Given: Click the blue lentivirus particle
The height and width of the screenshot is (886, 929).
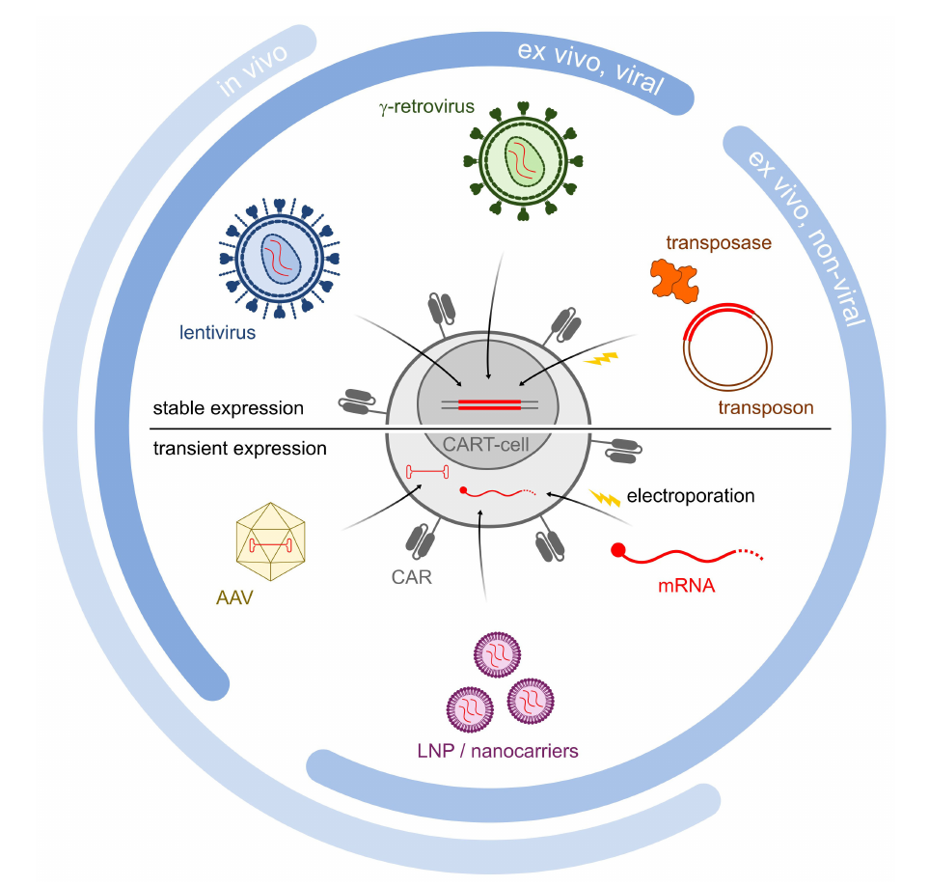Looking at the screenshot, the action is (x=279, y=259).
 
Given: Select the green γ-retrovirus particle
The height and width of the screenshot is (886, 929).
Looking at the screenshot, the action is (x=523, y=160).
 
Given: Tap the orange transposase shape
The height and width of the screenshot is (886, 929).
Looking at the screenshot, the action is (x=674, y=281).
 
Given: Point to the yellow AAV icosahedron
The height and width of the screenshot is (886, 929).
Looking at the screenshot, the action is (x=271, y=541).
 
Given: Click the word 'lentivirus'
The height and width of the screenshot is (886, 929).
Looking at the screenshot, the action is (x=217, y=332).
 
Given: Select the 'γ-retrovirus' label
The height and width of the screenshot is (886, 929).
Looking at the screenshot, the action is (x=426, y=107).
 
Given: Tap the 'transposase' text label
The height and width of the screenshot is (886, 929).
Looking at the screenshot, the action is (x=719, y=242).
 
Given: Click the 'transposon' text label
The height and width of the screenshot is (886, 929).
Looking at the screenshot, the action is (x=765, y=407).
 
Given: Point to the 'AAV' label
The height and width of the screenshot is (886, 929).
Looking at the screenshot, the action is (x=234, y=597).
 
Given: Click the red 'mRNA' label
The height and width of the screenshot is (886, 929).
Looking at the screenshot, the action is (x=686, y=586).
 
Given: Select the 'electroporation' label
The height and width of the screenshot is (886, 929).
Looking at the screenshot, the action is (x=691, y=495).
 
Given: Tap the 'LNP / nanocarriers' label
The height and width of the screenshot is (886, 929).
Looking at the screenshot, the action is (x=498, y=751).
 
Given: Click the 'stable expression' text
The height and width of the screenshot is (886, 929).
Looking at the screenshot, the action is (x=228, y=408).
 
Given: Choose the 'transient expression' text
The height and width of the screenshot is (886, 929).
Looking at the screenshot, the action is (x=239, y=449).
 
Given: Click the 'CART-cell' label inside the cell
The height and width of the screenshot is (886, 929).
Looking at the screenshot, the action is (x=486, y=445).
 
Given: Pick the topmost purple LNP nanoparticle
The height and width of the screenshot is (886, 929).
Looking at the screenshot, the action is (x=497, y=655).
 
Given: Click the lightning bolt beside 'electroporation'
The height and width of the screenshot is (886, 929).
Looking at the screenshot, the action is (x=604, y=497).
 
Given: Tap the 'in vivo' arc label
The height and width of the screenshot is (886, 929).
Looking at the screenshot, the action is (x=253, y=69).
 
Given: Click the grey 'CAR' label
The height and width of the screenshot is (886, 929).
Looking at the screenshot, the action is (x=411, y=577).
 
